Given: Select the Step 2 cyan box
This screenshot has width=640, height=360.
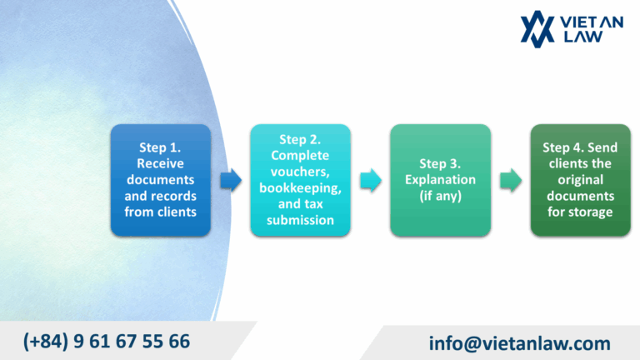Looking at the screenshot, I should tap(300, 179).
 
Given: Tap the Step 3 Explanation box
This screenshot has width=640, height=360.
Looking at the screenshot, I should tap(440, 179).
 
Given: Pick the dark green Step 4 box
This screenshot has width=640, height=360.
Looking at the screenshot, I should tap(580, 179).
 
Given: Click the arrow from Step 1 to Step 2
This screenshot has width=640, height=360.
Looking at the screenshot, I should tap(231, 179).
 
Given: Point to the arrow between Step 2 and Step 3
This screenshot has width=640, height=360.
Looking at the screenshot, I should tap(371, 179).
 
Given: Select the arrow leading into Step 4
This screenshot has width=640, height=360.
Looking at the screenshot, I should tap(510, 179).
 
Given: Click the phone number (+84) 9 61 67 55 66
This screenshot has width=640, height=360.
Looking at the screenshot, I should tap(107, 341).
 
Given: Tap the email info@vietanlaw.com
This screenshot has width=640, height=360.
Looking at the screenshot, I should tap(520, 342).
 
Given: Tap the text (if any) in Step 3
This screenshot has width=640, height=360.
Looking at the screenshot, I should tap(440, 195).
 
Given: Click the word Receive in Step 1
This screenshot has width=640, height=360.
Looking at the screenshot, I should tap(160, 163).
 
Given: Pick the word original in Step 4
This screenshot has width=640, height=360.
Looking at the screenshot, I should tap(580, 179).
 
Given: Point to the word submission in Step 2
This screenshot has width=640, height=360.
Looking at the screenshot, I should tap(300, 219).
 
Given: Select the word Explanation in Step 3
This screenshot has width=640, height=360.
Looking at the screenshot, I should tap(440, 179).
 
